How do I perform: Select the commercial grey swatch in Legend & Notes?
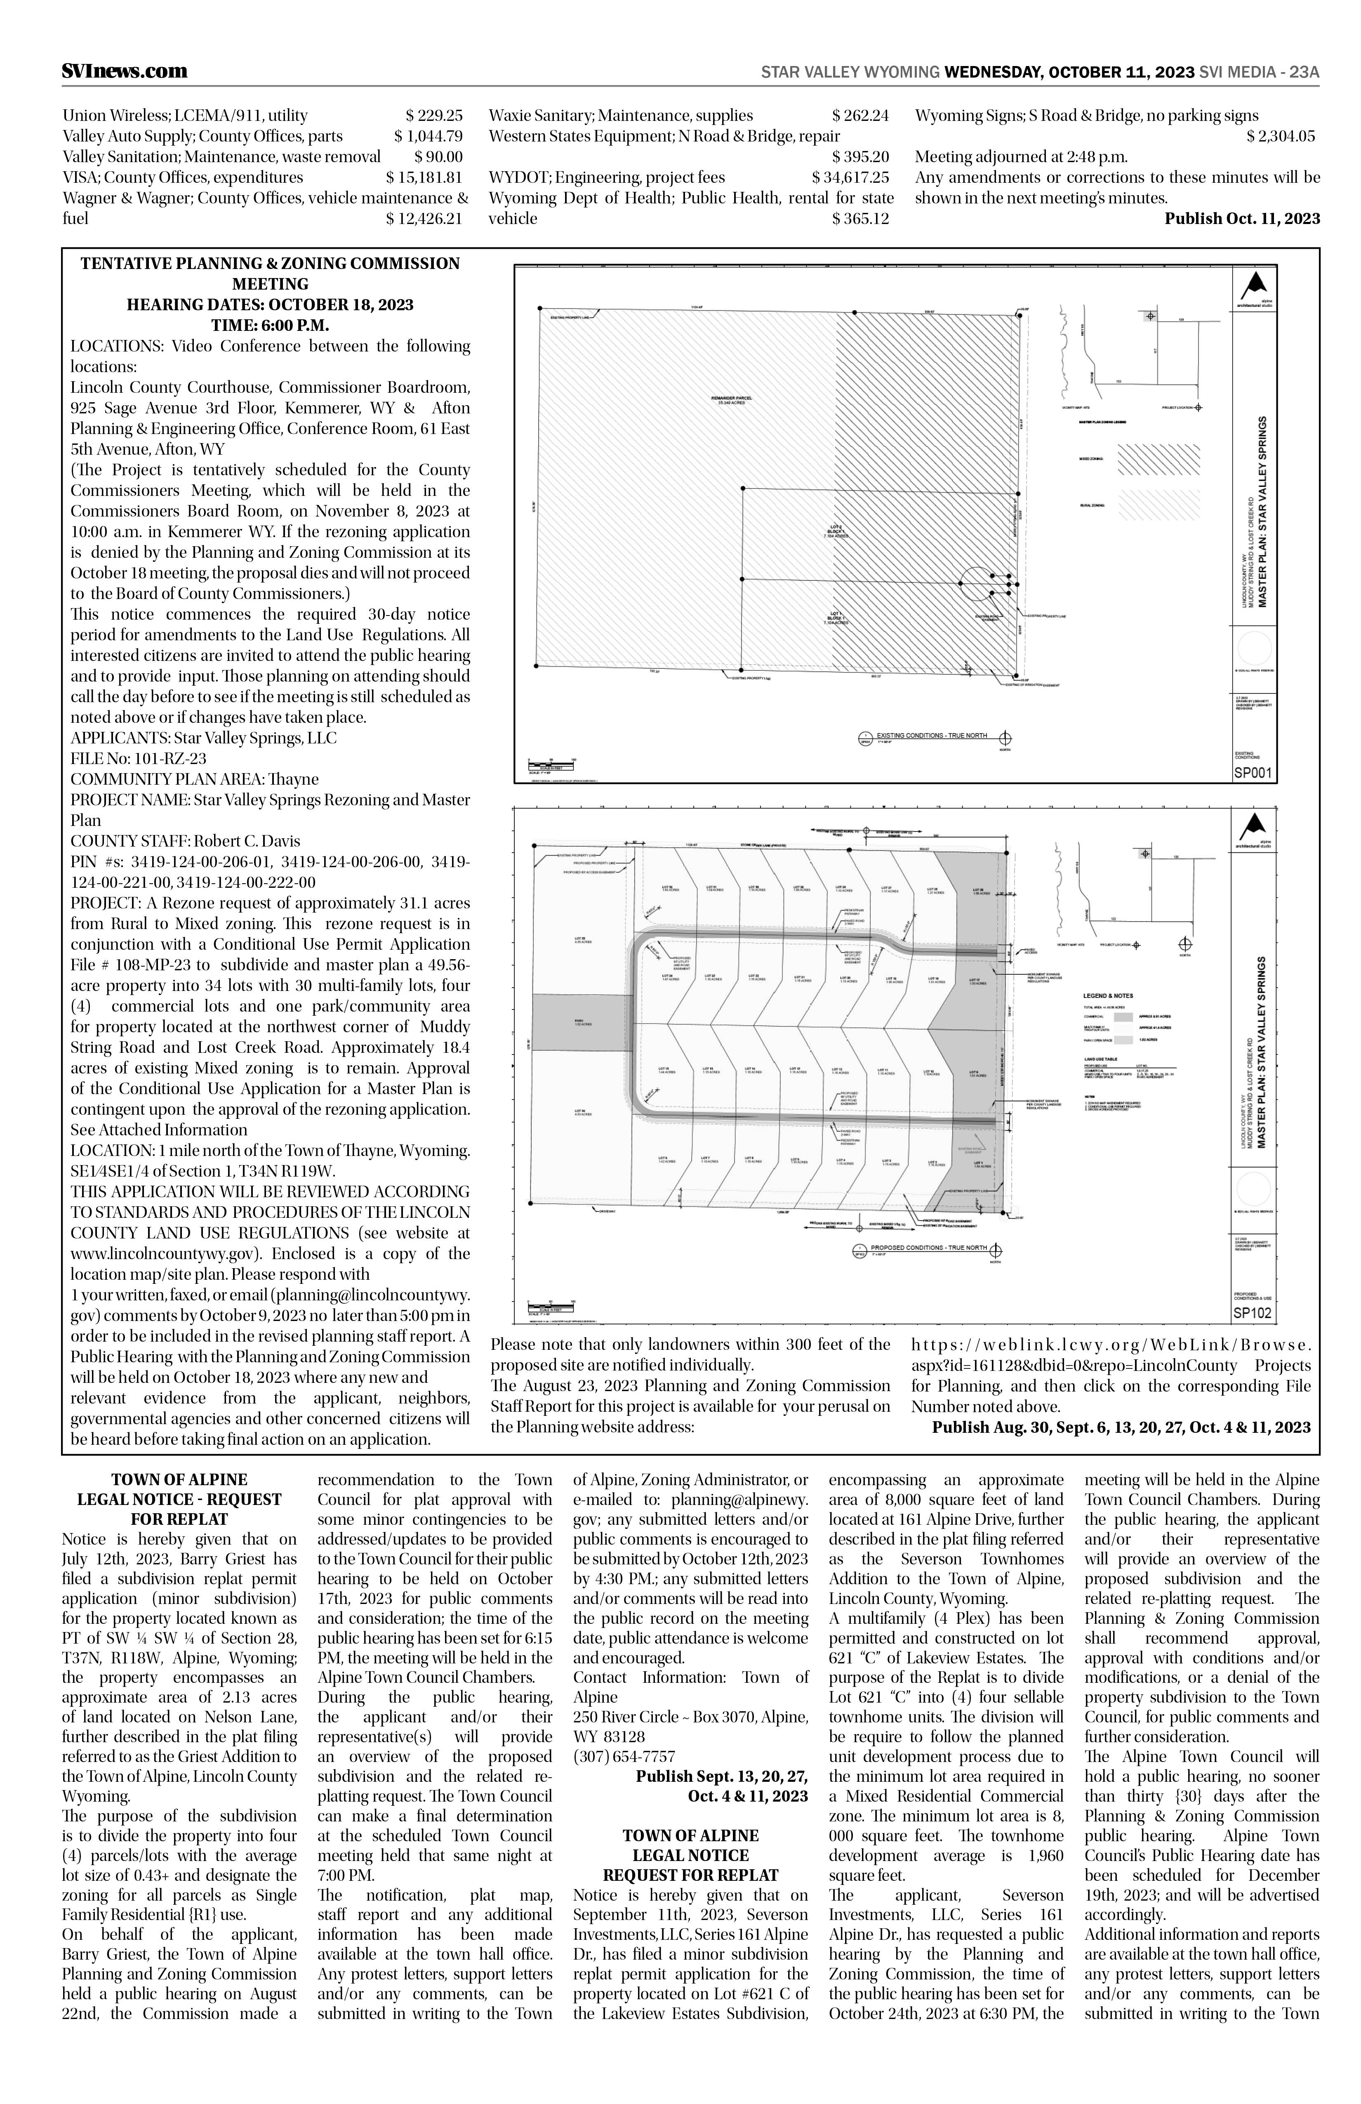[x=1123, y=1017]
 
